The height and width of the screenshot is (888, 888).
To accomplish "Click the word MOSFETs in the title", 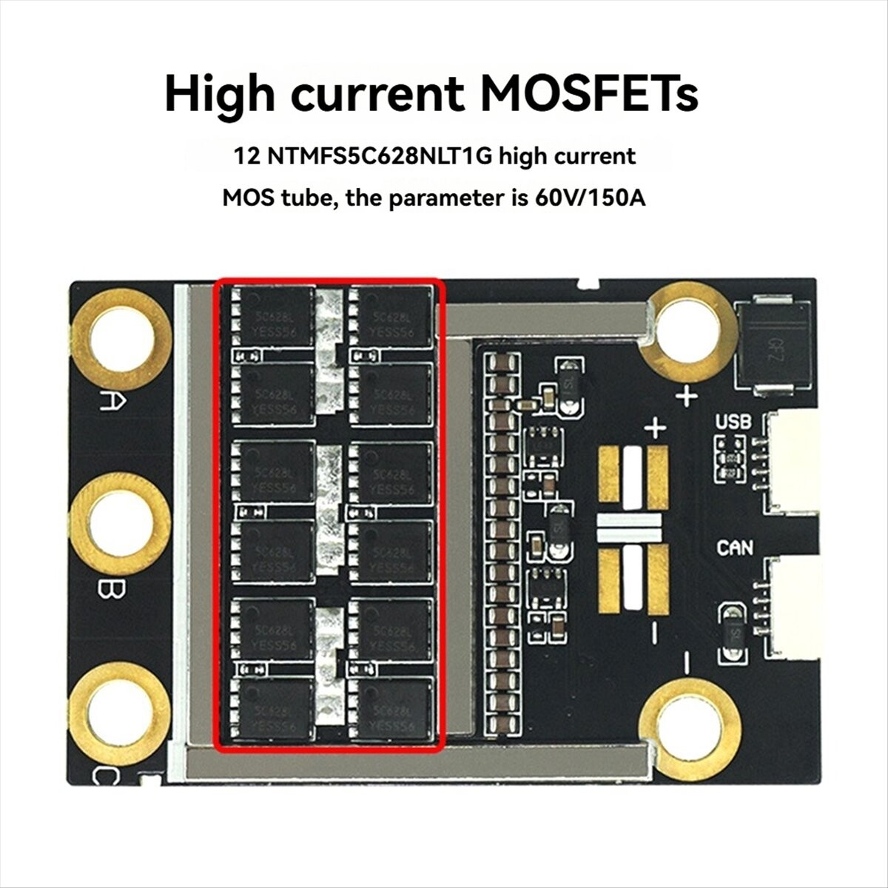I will [x=588, y=95].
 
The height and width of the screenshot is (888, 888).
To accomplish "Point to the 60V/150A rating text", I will [x=589, y=198].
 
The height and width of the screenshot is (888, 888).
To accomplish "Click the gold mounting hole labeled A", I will [x=123, y=340].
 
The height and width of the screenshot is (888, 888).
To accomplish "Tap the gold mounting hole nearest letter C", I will [x=121, y=713].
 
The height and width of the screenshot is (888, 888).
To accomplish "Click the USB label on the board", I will [x=733, y=422].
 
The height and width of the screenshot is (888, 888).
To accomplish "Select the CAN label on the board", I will [x=735, y=548].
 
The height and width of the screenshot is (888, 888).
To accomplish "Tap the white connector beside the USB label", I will [x=792, y=463].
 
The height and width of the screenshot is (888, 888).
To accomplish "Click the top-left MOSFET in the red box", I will [x=273, y=317].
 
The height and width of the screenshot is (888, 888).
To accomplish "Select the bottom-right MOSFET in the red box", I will [x=391, y=709].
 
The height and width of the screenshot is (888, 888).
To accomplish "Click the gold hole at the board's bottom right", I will [x=690, y=730].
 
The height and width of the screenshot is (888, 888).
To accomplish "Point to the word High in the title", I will [x=221, y=95].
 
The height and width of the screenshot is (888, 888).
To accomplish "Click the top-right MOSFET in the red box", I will [x=391, y=317].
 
